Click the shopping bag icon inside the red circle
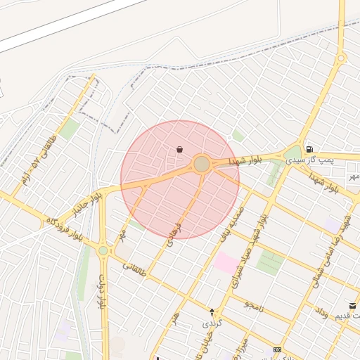[180, 149]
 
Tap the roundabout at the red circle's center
[202, 164]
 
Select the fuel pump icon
[309, 149]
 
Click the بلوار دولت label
[103, 292]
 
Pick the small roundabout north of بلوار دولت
[103, 250]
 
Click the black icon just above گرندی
[212, 311]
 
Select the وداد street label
[320, 312]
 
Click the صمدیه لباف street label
[232, 221]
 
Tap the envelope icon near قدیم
[352, 306]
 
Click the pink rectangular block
[226, 264]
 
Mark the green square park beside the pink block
[269, 262]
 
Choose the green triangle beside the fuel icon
[294, 152]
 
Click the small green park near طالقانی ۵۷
[69, 129]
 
